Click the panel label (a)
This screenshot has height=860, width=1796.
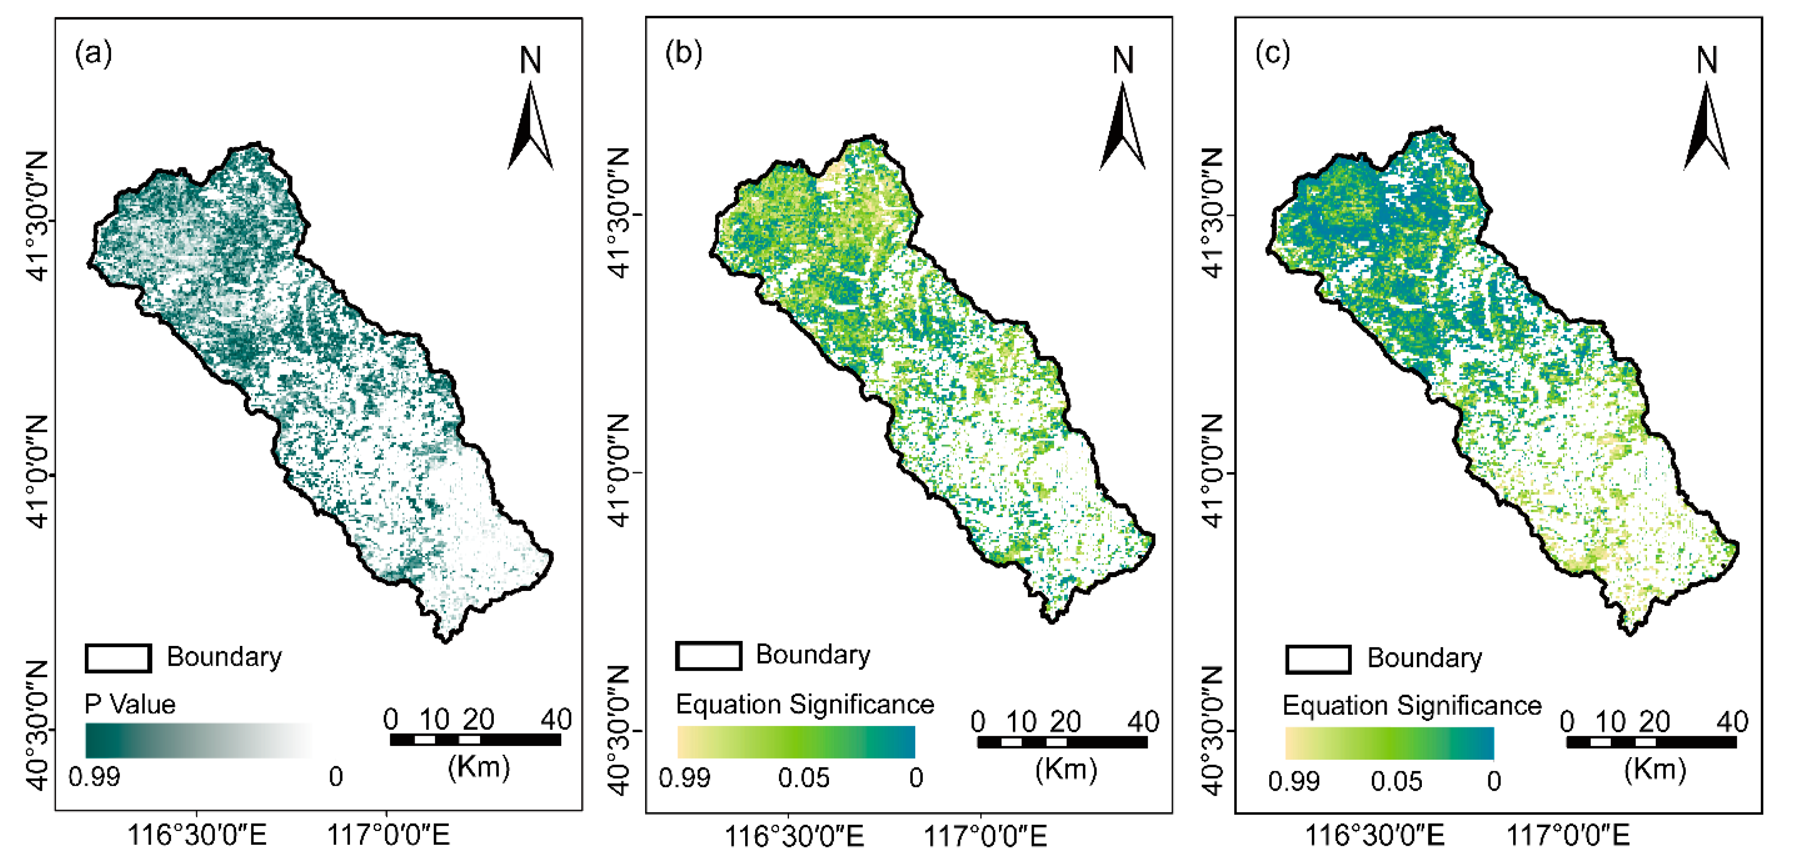[94, 54]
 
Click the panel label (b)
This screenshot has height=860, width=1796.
[683, 54]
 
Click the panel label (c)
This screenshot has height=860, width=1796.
[1272, 54]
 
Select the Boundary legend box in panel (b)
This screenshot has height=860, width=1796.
[707, 656]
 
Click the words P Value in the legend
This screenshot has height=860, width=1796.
[130, 705]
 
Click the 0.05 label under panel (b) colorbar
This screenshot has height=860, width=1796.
[803, 778]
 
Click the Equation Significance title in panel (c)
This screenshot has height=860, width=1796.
[1412, 706]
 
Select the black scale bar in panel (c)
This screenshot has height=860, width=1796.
[1651, 742]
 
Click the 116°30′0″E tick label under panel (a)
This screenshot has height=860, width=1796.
[197, 834]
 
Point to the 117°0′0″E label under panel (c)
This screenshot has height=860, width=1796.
[1568, 834]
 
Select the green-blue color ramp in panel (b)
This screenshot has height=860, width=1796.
[796, 742]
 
